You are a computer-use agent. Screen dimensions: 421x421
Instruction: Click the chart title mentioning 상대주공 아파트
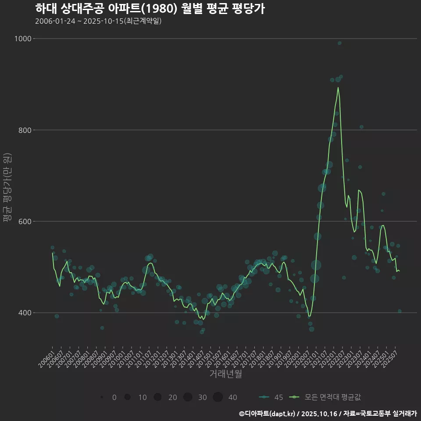coord(150,8)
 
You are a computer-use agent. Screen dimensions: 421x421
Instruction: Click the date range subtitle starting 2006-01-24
coord(98,21)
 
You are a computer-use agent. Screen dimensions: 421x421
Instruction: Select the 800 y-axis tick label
coord(25,130)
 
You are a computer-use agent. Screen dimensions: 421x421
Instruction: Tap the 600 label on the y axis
coord(25,221)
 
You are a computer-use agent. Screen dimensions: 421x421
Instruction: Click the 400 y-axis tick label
coord(25,313)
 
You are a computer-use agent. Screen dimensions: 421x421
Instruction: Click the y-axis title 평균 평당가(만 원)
coord(7,188)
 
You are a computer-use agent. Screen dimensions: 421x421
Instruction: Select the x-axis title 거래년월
coord(226,374)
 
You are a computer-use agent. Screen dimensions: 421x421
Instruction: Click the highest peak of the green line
coord(338,87)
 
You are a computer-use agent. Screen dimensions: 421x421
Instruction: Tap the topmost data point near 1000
coord(339,43)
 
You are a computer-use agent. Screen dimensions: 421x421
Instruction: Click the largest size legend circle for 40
coord(218,397)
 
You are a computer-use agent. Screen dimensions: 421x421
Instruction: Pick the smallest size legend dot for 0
coord(102,397)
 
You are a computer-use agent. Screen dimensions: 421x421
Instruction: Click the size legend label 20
coord(172,397)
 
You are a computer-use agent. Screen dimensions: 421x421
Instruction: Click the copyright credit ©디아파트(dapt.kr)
coord(268,414)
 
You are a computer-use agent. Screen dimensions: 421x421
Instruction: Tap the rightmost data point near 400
coord(400,311)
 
